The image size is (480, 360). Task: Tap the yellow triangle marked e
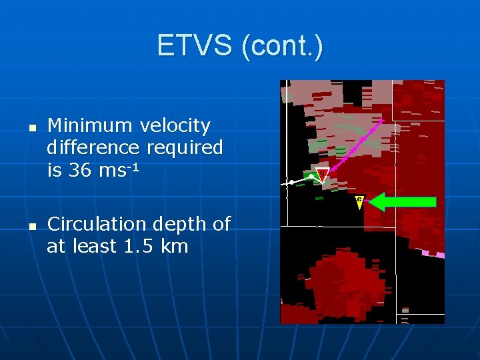pyautogui.click(x=359, y=201)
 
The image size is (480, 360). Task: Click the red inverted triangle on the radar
pyautogui.click(x=323, y=175)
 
